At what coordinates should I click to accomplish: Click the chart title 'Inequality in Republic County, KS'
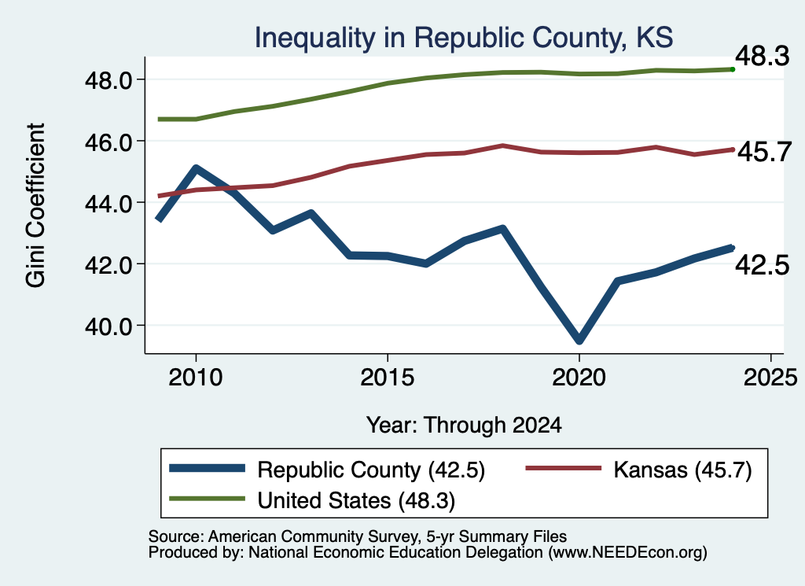pyautogui.click(x=464, y=38)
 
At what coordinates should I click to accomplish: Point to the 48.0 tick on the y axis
pyautogui.click(x=108, y=80)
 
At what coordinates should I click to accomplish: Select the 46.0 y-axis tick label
pyautogui.click(x=108, y=142)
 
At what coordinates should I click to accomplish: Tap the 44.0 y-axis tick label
pyautogui.click(x=108, y=204)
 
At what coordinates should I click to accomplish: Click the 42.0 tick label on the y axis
pyautogui.click(x=108, y=264)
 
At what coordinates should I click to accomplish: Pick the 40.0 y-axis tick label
pyautogui.click(x=108, y=326)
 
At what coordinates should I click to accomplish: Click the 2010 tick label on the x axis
pyautogui.click(x=196, y=378)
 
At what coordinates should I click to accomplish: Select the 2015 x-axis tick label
pyautogui.click(x=387, y=378)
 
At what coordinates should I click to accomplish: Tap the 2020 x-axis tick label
pyautogui.click(x=579, y=378)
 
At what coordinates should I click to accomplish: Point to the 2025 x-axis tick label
pyautogui.click(x=770, y=378)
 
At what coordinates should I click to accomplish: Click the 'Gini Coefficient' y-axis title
pyautogui.click(x=36, y=205)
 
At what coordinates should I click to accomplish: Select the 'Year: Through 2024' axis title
pyautogui.click(x=464, y=426)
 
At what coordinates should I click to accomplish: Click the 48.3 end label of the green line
pyautogui.click(x=763, y=56)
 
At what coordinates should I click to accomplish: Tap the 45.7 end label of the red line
pyautogui.click(x=764, y=152)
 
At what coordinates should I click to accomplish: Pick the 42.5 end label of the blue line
pyautogui.click(x=763, y=265)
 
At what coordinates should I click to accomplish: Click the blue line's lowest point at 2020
pyautogui.click(x=579, y=340)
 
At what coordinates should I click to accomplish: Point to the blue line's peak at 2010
pyautogui.click(x=196, y=168)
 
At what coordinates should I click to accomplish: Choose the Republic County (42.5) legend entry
pyautogui.click(x=327, y=470)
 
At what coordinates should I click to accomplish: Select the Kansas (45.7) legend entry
pyautogui.click(x=638, y=470)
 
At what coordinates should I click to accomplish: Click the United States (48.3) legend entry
pyautogui.click(x=312, y=500)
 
